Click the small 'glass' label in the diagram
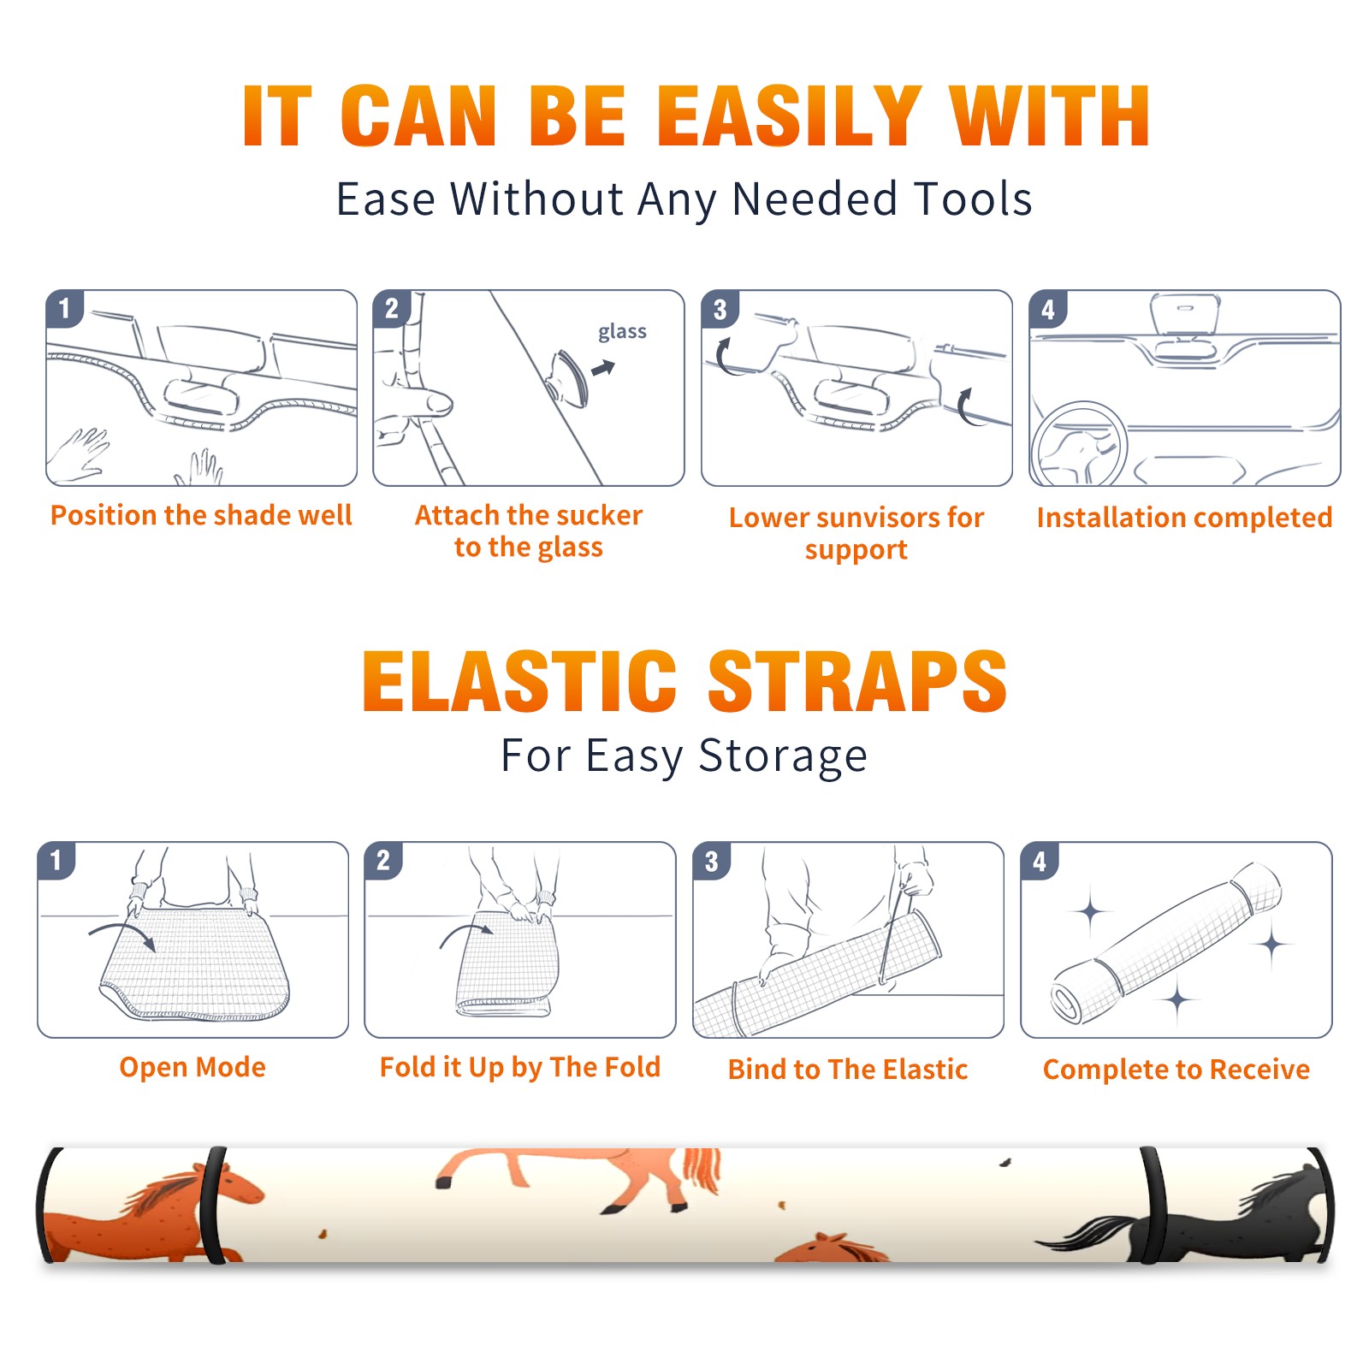tap(622, 331)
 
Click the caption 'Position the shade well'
tap(201, 515)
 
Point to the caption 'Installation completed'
tap(1184, 517)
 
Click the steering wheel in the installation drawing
tap(1078, 445)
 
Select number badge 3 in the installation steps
tap(720, 309)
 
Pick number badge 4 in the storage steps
tap(1040, 861)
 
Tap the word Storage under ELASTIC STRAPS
tap(783, 756)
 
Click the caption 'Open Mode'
tap(193, 1067)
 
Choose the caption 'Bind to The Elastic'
tap(848, 1069)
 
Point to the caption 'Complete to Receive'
tap(1176, 1069)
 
